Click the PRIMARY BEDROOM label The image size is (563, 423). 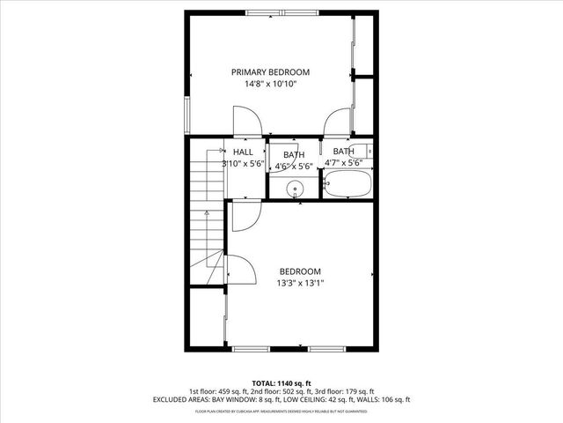point(271,72)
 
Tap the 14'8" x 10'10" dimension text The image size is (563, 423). point(271,85)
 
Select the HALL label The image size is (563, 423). point(243,152)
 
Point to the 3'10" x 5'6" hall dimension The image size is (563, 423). point(243,164)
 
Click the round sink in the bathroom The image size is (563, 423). point(295,187)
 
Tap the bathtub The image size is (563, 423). point(348,184)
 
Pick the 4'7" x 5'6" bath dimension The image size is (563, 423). point(343,163)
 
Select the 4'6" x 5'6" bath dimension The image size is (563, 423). point(294,166)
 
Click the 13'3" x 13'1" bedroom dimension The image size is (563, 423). point(300,284)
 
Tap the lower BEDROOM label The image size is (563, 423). point(300,271)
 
